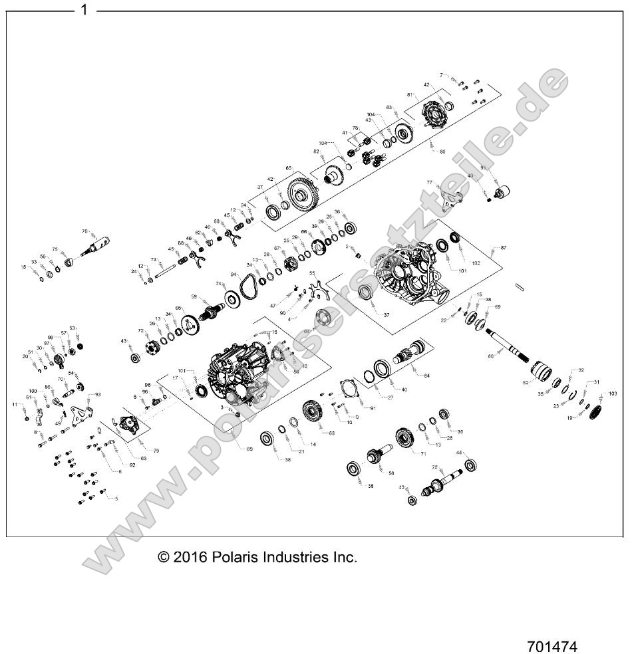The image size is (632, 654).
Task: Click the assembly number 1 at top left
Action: (x=84, y=10)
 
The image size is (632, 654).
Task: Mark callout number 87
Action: (x=504, y=247)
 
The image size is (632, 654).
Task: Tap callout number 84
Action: (x=426, y=376)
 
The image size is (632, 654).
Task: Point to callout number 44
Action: (x=458, y=453)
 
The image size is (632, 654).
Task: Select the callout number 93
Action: (x=98, y=395)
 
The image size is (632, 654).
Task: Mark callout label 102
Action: (x=476, y=263)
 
